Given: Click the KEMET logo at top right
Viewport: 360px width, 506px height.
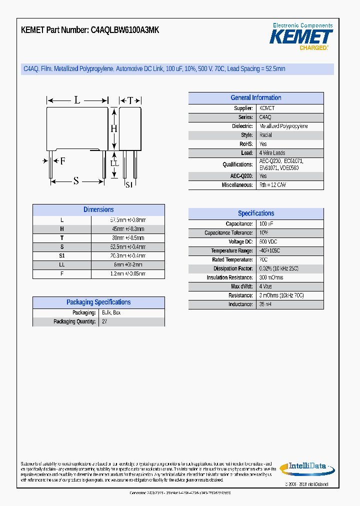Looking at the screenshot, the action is pyautogui.click(x=301, y=37).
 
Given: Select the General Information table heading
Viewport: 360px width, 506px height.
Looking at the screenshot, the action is pyautogui.click(x=255, y=98).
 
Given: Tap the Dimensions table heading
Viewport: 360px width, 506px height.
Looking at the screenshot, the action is pyautogui.click(x=98, y=210).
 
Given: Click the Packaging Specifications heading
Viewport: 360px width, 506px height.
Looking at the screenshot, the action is pyautogui.click(x=98, y=302).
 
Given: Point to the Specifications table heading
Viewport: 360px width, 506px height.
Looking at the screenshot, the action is pyautogui.click(x=255, y=213).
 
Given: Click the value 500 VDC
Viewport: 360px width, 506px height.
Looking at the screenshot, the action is pyautogui.click(x=269, y=242).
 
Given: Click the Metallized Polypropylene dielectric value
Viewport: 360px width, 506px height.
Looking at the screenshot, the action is pyautogui.click(x=283, y=126).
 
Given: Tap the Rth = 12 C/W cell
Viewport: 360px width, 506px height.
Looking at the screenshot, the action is pyautogui.click(x=272, y=185).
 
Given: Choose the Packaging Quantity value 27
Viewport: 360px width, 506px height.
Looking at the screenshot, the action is pyautogui.click(x=104, y=322).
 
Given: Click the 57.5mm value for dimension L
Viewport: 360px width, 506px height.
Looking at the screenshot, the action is pyautogui.click(x=127, y=220).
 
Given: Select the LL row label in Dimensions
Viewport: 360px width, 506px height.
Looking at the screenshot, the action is pyautogui.click(x=62, y=265).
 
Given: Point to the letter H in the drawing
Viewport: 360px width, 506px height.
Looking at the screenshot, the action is pyautogui.click(x=113, y=128).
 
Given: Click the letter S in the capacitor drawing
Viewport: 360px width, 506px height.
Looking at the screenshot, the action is pyautogui.click(x=76, y=181).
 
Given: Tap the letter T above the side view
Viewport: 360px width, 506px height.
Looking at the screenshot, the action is pyautogui.click(x=130, y=100).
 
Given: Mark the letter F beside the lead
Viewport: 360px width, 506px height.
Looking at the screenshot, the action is pyautogui.click(x=62, y=161).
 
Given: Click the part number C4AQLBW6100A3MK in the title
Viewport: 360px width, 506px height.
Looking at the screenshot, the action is pyautogui.click(x=125, y=30).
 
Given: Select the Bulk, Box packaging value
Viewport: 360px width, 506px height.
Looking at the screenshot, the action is pyautogui.click(x=111, y=313).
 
